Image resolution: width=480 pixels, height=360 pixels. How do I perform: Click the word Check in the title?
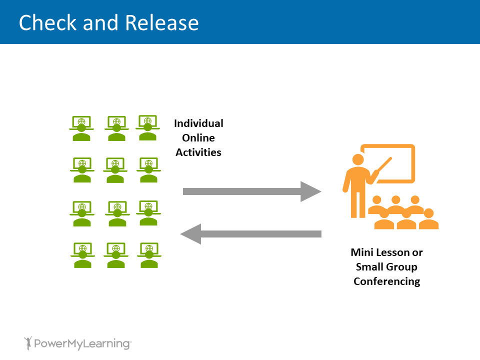pyautogui.click(x=47, y=23)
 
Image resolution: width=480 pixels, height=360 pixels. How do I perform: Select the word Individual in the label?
pyautogui.click(x=198, y=123)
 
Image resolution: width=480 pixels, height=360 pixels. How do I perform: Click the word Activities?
pyautogui.click(x=198, y=152)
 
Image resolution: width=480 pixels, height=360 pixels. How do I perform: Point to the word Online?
pyautogui.click(x=198, y=137)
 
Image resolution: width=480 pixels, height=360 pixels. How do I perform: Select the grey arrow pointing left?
pyautogui.click(x=250, y=233)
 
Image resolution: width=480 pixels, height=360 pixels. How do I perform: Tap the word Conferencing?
pyautogui.click(x=386, y=281)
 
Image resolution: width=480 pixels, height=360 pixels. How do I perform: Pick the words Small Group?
pyautogui.click(x=386, y=266)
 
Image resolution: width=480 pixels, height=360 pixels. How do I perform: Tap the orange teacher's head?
pyautogui.click(x=358, y=159)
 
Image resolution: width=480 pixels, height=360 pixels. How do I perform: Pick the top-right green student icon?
pyautogui.click(x=147, y=128)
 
